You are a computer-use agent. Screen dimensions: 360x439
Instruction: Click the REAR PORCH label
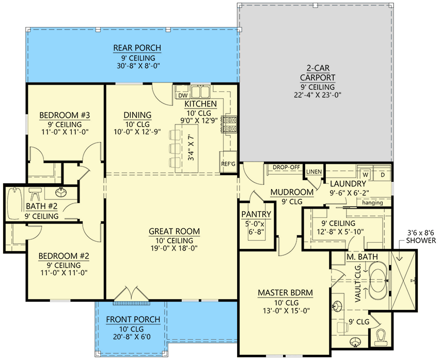coord(137,49)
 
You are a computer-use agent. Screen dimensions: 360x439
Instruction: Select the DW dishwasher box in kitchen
coord(182,95)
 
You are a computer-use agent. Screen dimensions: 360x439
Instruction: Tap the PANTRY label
coord(256,214)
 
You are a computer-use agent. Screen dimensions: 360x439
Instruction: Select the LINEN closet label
coord(314,171)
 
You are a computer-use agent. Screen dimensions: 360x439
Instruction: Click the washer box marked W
coord(363,174)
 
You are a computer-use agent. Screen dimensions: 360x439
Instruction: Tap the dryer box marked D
coord(383,174)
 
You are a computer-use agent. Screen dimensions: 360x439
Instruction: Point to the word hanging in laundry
coord(372,202)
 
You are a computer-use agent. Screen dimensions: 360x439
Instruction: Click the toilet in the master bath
coord(381,337)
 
